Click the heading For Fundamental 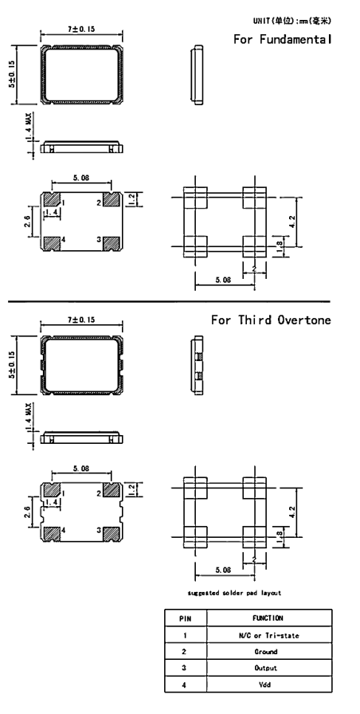pos(282,39)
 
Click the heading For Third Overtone pos(271,320)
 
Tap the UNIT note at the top pos(292,21)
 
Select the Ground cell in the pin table pos(269,652)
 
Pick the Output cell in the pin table pos(269,668)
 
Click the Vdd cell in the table pos(269,685)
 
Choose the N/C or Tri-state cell pos(269,635)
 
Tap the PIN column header pos(186,618)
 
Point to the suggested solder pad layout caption pos(234,593)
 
